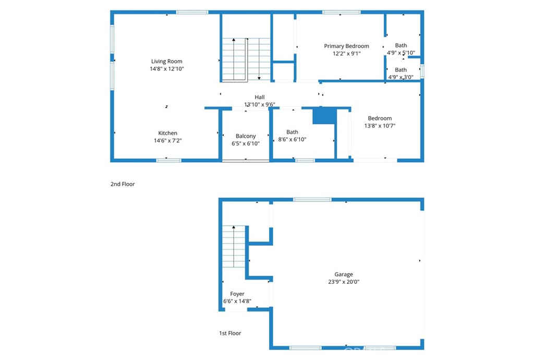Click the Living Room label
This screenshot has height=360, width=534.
[x=167, y=62]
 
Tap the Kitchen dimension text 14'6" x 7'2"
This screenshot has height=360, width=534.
[x=167, y=140]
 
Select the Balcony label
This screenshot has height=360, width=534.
[x=246, y=136]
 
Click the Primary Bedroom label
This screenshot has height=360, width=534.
[x=346, y=46]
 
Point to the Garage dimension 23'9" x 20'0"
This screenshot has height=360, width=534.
[x=344, y=282]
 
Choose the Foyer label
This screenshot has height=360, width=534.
[x=237, y=294]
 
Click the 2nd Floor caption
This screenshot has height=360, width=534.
[x=123, y=184]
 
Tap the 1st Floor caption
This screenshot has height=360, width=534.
[x=230, y=333]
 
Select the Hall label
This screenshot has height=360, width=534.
[x=260, y=97]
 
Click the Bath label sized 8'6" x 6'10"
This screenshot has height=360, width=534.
[x=293, y=132]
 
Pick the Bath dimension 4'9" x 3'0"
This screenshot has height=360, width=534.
[x=400, y=77]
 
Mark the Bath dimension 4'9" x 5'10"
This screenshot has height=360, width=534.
[x=400, y=53]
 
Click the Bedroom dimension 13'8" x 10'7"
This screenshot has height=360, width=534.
[x=379, y=126]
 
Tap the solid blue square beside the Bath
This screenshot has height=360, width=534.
[x=324, y=116]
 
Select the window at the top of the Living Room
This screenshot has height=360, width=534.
[x=192, y=12]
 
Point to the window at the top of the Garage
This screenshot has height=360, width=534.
[x=312, y=199]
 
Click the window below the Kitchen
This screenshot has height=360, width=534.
[x=169, y=160]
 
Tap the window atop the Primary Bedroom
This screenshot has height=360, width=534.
[x=341, y=12]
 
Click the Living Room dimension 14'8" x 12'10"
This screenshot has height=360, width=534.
[x=167, y=69]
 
